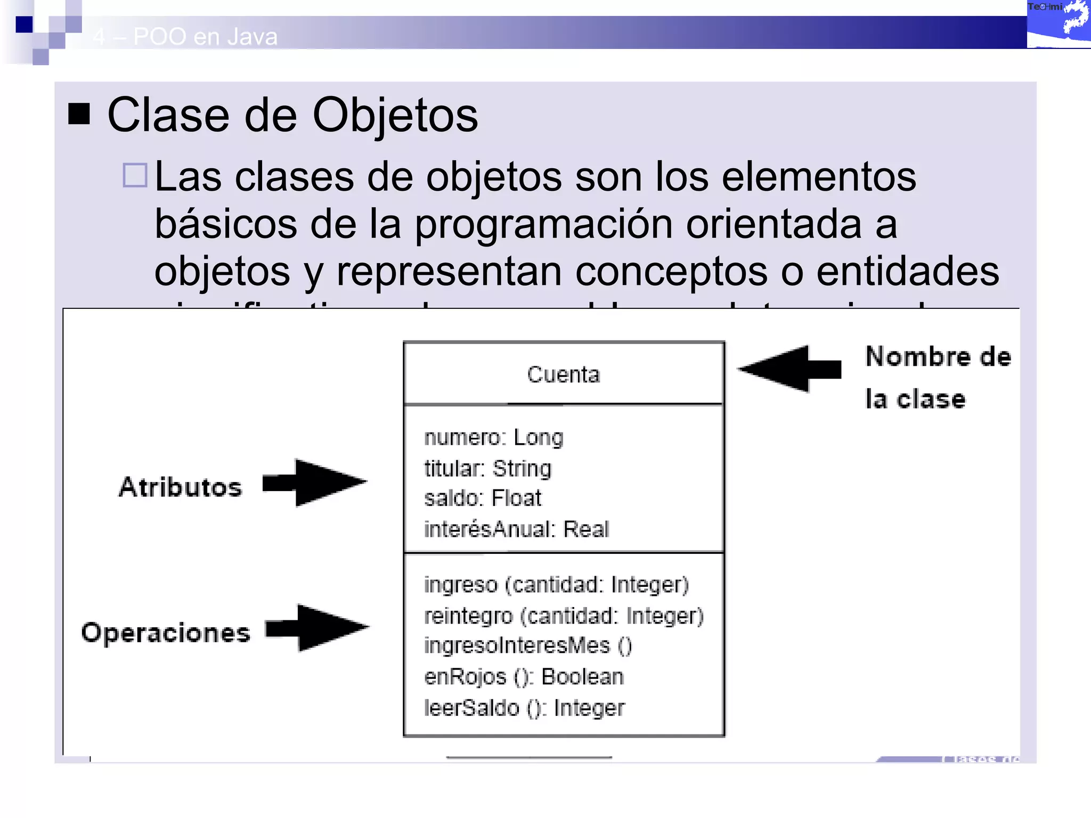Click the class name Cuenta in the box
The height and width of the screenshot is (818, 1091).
tap(563, 374)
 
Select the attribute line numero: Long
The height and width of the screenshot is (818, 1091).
tap(493, 438)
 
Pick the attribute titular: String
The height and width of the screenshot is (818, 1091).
tap(487, 469)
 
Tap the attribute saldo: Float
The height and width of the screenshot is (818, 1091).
tap(482, 498)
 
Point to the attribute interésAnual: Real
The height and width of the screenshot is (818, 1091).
tap(516, 529)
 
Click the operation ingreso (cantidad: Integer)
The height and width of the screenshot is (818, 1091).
tap(556, 585)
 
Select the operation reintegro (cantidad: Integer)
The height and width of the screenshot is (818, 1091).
tap(564, 616)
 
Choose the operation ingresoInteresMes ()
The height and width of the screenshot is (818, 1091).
tap(527, 645)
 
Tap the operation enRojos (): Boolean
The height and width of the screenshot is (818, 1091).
tap(523, 677)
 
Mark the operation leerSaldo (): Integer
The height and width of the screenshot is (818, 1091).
tap(524, 708)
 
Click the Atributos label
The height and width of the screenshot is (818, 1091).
tap(180, 487)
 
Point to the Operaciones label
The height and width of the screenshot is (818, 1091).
tap(166, 633)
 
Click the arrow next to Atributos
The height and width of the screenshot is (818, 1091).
tap(315, 482)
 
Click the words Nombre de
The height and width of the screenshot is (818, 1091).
tap(938, 357)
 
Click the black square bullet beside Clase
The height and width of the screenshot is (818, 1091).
tap(79, 113)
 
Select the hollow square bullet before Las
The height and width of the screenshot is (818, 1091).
tap(135, 175)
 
